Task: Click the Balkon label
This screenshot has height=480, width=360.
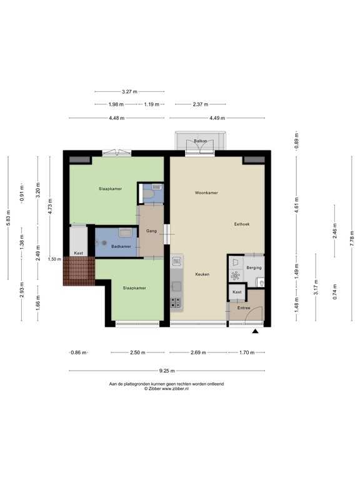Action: [200, 141]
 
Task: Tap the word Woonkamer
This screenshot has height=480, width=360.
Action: [206, 193]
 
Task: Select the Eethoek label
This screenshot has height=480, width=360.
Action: [242, 224]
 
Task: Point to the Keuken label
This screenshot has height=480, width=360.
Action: [201, 274]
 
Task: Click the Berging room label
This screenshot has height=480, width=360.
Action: [254, 268]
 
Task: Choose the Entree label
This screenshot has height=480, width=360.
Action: [243, 307]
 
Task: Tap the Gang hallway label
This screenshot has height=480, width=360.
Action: [151, 231]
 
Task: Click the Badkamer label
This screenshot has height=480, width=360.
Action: [121, 247]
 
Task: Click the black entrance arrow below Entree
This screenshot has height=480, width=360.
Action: [254, 332]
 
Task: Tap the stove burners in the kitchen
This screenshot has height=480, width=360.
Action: [177, 303]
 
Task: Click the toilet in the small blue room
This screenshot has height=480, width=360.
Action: [148, 196]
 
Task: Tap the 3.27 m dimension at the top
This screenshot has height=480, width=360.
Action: [130, 91]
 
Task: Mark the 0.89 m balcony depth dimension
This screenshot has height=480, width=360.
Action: [297, 142]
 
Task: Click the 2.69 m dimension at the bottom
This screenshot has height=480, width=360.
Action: [197, 352]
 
